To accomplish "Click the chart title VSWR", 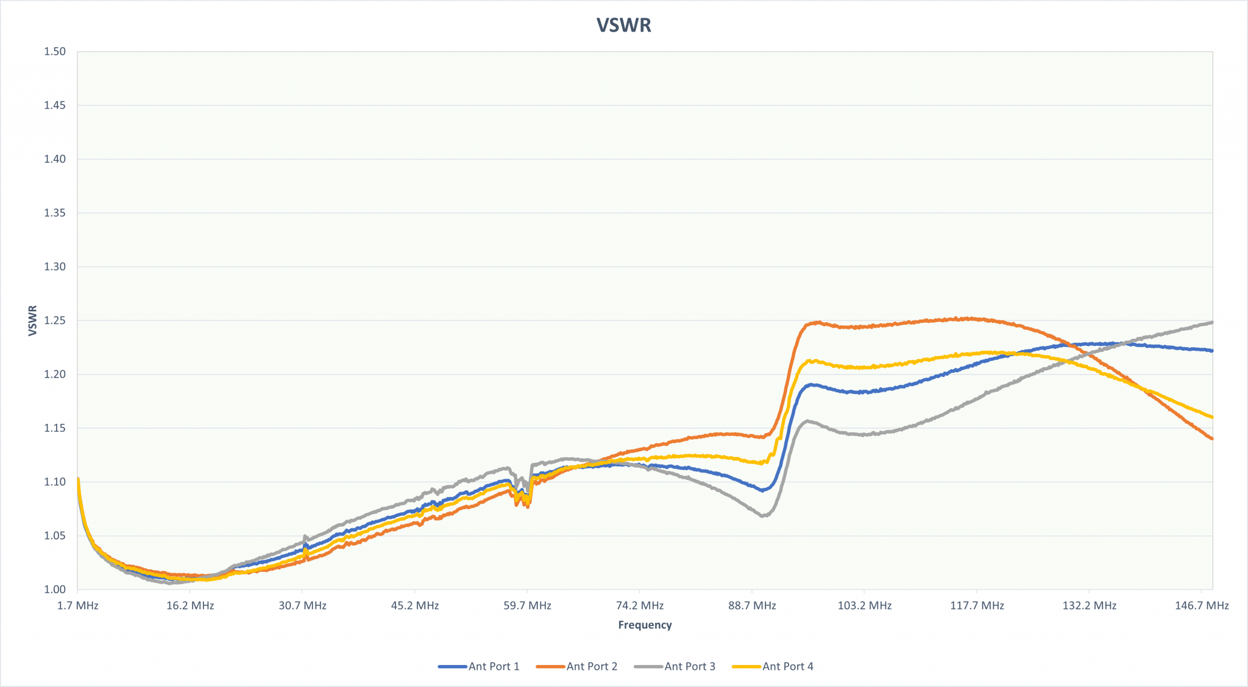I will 623,25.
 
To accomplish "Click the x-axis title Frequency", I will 645,625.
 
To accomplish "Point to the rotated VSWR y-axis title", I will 33,320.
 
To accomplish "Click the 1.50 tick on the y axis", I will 55,52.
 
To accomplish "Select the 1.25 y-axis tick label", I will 55,320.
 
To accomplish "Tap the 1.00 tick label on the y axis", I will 55,590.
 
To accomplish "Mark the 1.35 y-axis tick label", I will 55,213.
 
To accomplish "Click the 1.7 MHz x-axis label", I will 77,606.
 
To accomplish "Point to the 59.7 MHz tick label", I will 527,606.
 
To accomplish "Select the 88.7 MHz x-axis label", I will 752,606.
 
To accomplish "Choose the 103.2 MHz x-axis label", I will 864,606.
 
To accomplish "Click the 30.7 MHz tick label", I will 302,606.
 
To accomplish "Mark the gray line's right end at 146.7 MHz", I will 1212,322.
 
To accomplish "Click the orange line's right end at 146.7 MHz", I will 1212,439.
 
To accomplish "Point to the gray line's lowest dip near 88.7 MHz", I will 764,516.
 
